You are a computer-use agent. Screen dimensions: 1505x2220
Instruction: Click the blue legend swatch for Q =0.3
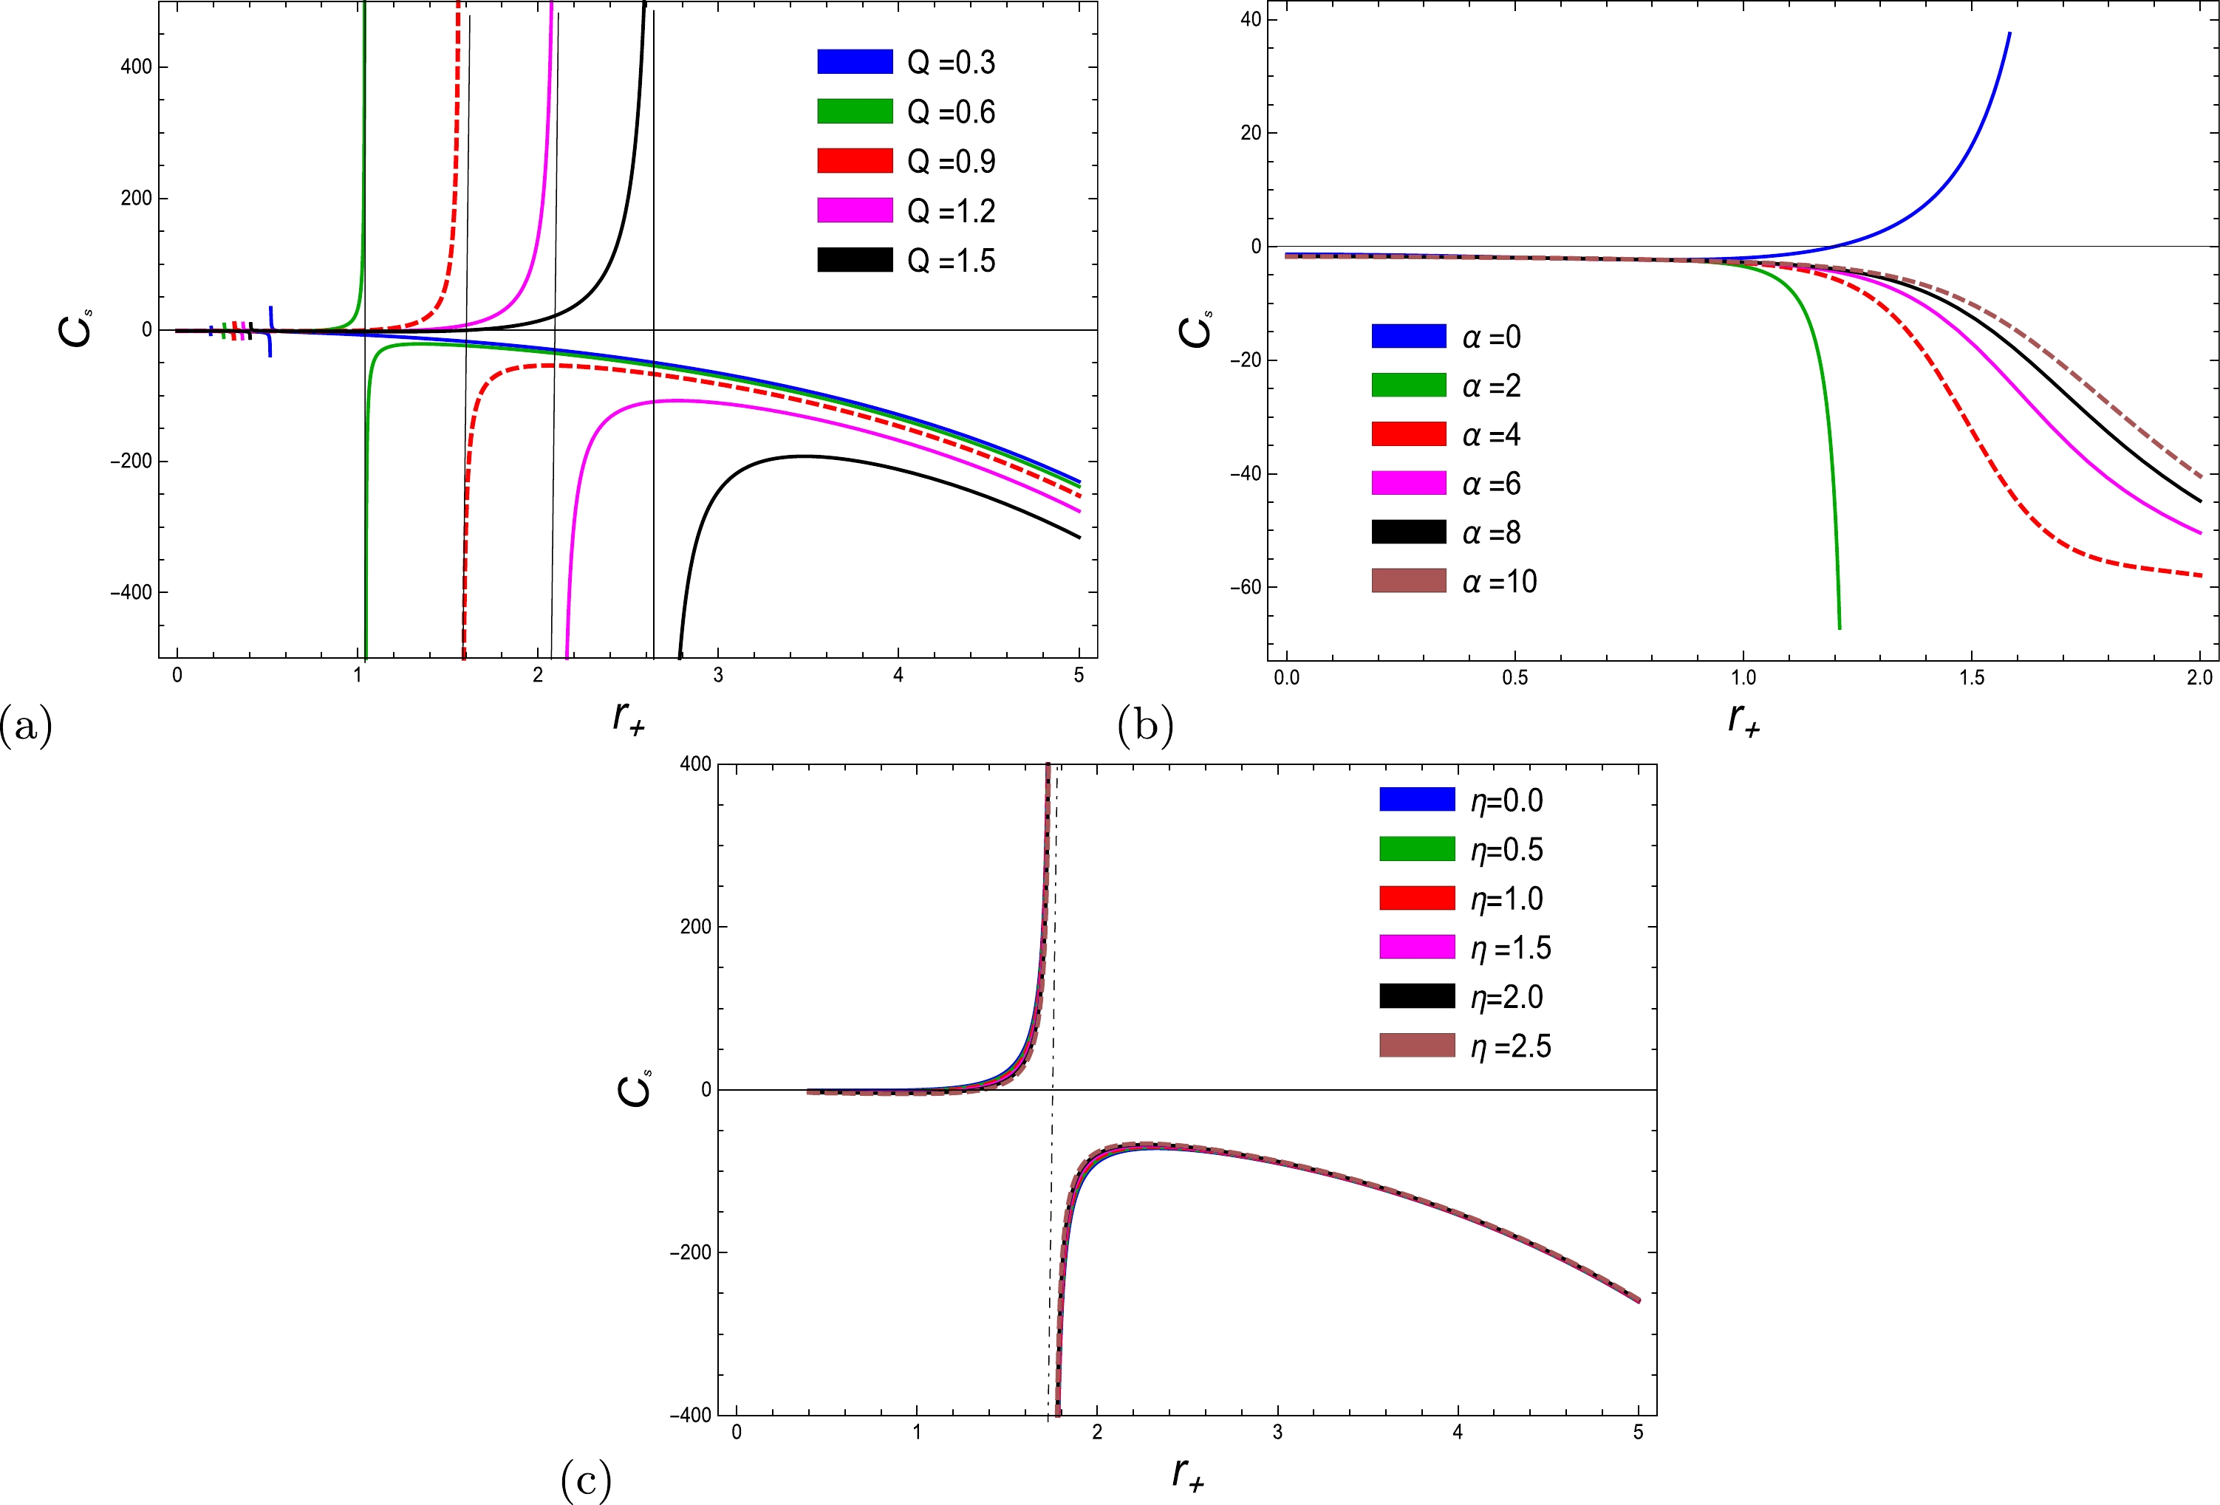[854, 62]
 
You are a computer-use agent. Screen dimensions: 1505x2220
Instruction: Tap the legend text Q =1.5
[951, 261]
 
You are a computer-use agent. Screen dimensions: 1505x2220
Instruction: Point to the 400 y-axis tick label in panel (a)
[136, 67]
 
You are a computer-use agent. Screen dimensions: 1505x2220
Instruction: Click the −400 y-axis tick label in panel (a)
[130, 592]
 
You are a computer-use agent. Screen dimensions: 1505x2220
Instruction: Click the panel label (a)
[26, 727]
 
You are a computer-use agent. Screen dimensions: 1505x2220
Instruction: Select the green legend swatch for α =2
[1408, 385]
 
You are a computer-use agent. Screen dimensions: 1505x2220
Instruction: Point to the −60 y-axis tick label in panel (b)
[1245, 587]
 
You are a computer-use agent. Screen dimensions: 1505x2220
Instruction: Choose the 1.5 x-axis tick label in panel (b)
[1971, 678]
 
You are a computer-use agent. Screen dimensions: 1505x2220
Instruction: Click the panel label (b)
[1144, 727]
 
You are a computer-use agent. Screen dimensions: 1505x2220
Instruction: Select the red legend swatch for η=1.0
[1417, 899]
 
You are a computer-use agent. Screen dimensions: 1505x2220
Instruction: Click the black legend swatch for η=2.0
[1417, 997]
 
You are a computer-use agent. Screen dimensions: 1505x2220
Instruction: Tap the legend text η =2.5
[1510, 1046]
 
